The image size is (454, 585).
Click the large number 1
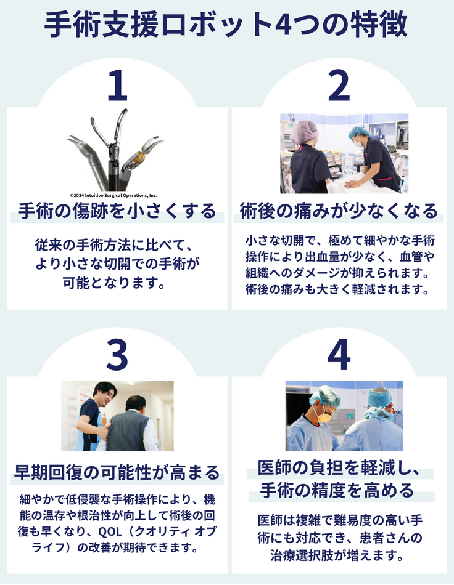tap(117, 86)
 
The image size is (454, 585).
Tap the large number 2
tap(339, 86)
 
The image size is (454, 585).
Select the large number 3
tap(117, 355)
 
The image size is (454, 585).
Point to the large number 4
tap(339, 355)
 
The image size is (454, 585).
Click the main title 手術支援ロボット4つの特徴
tap(226, 25)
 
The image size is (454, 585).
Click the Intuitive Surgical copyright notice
tap(113, 195)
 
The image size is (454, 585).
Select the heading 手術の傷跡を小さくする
tap(117, 211)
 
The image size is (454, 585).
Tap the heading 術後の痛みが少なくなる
tap(339, 211)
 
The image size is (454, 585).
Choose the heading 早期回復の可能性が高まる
tap(117, 473)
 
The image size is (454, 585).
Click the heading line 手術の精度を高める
tap(337, 490)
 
